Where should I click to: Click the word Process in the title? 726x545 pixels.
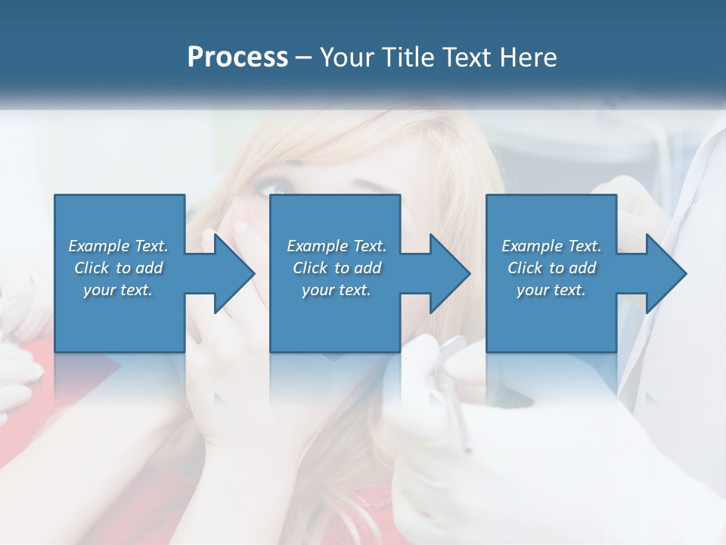pos(237,57)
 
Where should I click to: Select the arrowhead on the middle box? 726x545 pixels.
pos(448,273)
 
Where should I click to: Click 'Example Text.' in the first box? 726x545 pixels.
pos(118,246)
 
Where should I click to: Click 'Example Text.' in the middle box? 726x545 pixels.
pos(337,246)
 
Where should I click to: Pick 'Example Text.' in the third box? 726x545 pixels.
pos(551,246)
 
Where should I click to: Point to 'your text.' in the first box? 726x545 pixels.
pos(118,290)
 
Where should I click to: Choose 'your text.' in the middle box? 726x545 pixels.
pos(337,290)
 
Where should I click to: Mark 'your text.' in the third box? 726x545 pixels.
pos(551,290)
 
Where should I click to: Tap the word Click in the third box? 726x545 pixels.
pos(526,268)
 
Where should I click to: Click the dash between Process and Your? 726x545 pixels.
pos(303,58)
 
